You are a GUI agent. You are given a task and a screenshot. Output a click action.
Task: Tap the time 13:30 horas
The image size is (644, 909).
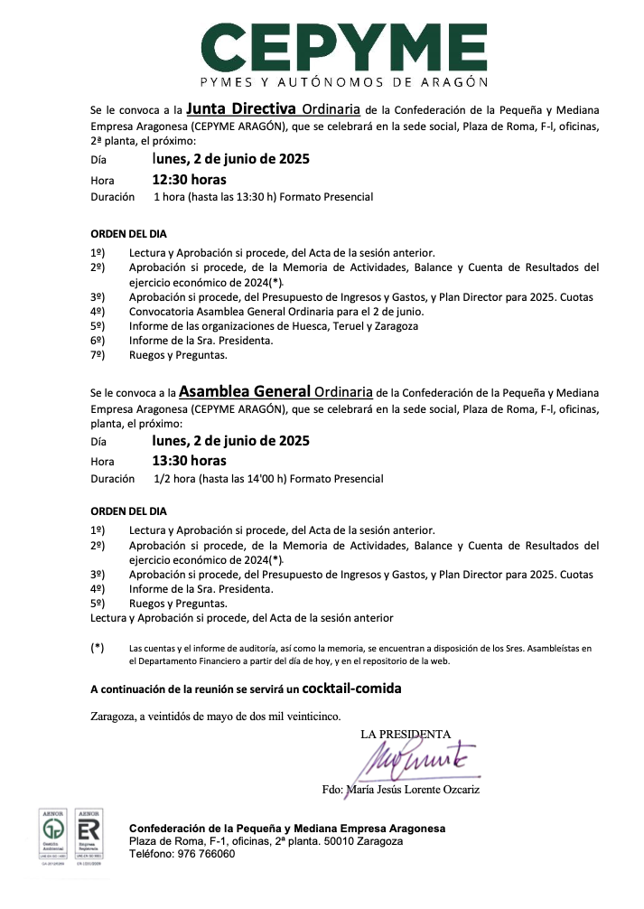(189, 461)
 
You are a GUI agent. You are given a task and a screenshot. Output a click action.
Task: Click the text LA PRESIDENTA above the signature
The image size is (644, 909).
(406, 735)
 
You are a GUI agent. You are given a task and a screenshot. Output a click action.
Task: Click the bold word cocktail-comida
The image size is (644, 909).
(351, 689)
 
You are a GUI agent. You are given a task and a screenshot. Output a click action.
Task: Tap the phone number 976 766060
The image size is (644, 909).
(208, 854)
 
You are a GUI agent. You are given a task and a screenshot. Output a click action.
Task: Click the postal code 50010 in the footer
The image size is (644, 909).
(333, 841)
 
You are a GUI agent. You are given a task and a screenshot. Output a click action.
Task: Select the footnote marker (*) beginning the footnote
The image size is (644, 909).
(98, 647)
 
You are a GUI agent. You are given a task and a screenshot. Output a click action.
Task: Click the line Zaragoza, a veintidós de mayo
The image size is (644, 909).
(216, 717)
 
